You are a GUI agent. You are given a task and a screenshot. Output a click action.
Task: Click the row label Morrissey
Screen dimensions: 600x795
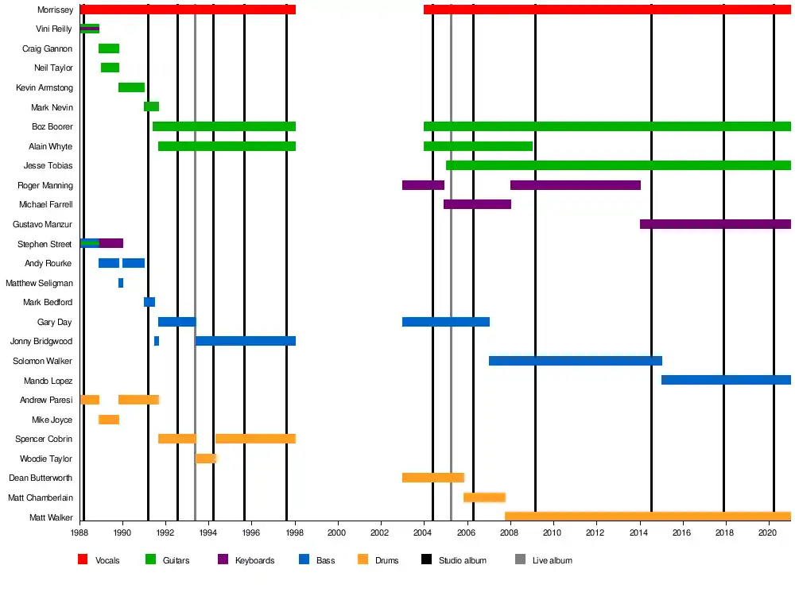[x=56, y=10]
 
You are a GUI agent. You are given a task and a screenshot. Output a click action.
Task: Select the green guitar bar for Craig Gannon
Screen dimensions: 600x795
[x=109, y=48]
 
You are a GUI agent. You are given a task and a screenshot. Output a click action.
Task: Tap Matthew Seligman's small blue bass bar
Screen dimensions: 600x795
[x=121, y=283]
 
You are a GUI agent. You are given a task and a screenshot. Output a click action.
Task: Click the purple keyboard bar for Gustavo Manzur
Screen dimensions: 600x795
[x=715, y=224]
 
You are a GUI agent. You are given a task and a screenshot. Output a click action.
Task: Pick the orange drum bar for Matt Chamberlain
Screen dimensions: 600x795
[x=484, y=497]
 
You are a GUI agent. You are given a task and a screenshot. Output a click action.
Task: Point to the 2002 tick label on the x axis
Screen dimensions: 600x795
[x=380, y=532]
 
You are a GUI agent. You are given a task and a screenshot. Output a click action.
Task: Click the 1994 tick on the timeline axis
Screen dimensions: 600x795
[x=208, y=532]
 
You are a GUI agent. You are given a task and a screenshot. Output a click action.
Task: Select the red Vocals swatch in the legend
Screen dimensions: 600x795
[x=82, y=560]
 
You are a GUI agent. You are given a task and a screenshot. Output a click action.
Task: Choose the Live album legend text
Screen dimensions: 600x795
[x=552, y=560]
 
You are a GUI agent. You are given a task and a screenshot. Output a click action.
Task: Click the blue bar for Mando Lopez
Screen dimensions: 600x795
[x=726, y=380]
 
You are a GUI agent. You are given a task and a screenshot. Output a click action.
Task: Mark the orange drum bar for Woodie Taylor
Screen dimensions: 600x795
[x=206, y=459]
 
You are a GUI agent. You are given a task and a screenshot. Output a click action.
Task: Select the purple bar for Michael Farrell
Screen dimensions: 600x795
[x=477, y=204]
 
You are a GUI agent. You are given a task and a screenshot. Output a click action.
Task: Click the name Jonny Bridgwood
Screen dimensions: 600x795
[x=41, y=342]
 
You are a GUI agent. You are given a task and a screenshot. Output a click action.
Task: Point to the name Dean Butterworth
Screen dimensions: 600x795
[x=41, y=478]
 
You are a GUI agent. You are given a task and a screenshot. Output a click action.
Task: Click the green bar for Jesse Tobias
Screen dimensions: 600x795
[x=618, y=165]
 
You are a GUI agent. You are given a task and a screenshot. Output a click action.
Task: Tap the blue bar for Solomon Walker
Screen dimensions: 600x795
[x=575, y=361]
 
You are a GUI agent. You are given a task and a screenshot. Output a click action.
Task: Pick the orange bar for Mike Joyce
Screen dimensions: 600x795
[x=109, y=420]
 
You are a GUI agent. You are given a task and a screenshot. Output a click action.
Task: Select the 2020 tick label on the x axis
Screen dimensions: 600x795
[x=768, y=532]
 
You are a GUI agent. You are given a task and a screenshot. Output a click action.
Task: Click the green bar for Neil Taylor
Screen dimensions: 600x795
[x=110, y=68]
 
